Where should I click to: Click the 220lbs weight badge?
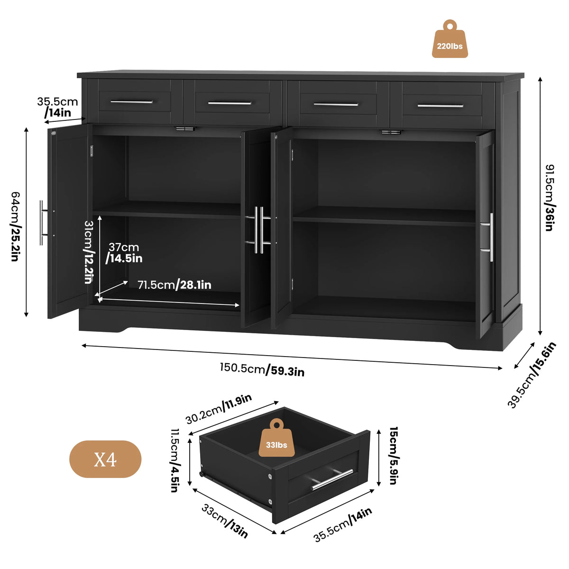pyautogui.click(x=450, y=39)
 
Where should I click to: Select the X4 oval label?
pyautogui.click(x=105, y=459)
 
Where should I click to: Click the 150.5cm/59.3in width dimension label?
pyautogui.click(x=262, y=369)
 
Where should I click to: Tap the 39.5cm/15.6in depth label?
pyautogui.click(x=532, y=375)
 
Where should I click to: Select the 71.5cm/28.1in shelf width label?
pyautogui.click(x=174, y=285)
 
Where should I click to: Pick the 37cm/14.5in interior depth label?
pyautogui.click(x=124, y=253)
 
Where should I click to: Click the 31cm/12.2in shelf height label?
pyautogui.click(x=89, y=252)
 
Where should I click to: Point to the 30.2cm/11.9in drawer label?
pyautogui.click(x=219, y=409)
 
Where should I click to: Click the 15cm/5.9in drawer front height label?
pyautogui.click(x=394, y=456)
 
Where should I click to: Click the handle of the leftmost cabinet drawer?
pyautogui.click(x=132, y=102)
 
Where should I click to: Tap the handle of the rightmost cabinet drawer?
pyautogui.click(x=440, y=105)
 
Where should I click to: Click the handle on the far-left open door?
pyautogui.click(x=43, y=223)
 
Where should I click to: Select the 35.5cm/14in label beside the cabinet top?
pyautogui.click(x=57, y=107)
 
